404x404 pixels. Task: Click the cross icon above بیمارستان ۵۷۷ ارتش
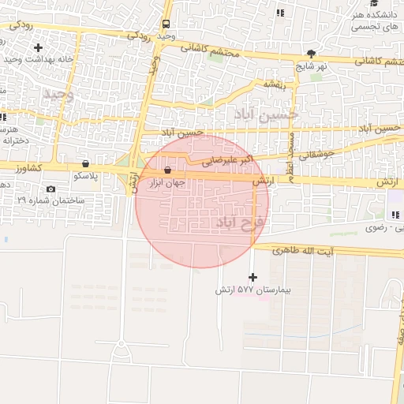coord(252,277)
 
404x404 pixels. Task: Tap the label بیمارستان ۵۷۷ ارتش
coord(253,290)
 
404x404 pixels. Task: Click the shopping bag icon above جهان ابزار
coord(166,170)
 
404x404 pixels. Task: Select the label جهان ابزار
coord(166,182)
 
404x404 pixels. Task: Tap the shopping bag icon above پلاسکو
coord(84,164)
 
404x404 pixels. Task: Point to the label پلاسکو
coord(84,176)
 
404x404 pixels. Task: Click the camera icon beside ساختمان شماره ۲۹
coord(51,189)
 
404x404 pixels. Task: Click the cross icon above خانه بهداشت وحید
coord(38,47)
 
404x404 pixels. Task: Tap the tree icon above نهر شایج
coord(312,54)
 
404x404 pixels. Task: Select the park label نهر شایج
coord(312,66)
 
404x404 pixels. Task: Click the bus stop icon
coord(166,24)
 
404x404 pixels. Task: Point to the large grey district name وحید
coord(57,95)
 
